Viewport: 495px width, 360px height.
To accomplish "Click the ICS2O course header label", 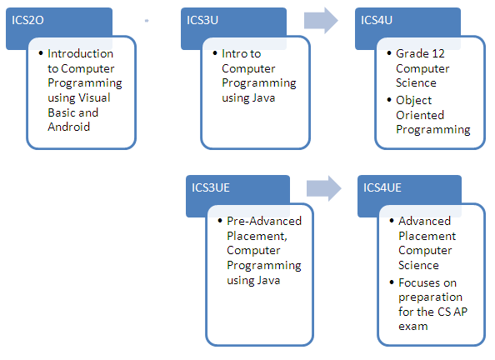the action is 27,20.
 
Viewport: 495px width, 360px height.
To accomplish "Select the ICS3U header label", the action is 202,20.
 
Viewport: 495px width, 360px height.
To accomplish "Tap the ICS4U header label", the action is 377,20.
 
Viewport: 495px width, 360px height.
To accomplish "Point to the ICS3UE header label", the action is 211,187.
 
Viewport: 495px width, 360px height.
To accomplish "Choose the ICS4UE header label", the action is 382,187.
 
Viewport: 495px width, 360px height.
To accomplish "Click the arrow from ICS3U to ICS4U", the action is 321,21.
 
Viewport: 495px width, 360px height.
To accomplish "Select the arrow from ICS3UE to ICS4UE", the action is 324,188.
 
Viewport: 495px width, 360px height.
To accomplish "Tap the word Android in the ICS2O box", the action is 69,127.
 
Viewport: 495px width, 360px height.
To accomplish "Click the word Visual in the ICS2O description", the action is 94,97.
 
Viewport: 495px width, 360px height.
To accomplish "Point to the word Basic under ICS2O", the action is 61,112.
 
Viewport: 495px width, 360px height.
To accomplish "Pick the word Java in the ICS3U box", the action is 263,97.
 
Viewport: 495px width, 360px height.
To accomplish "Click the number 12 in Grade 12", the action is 438,53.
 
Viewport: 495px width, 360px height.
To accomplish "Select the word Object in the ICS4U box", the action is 414,101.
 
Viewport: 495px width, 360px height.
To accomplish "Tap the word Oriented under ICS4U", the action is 420,115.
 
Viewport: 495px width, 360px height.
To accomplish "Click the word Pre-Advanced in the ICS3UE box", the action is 264,221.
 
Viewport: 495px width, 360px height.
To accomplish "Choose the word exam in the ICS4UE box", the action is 413,326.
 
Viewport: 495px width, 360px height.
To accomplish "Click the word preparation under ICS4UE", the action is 430,297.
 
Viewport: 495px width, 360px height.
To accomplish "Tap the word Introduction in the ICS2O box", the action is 81,53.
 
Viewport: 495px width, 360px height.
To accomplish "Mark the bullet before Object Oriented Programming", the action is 389,100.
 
